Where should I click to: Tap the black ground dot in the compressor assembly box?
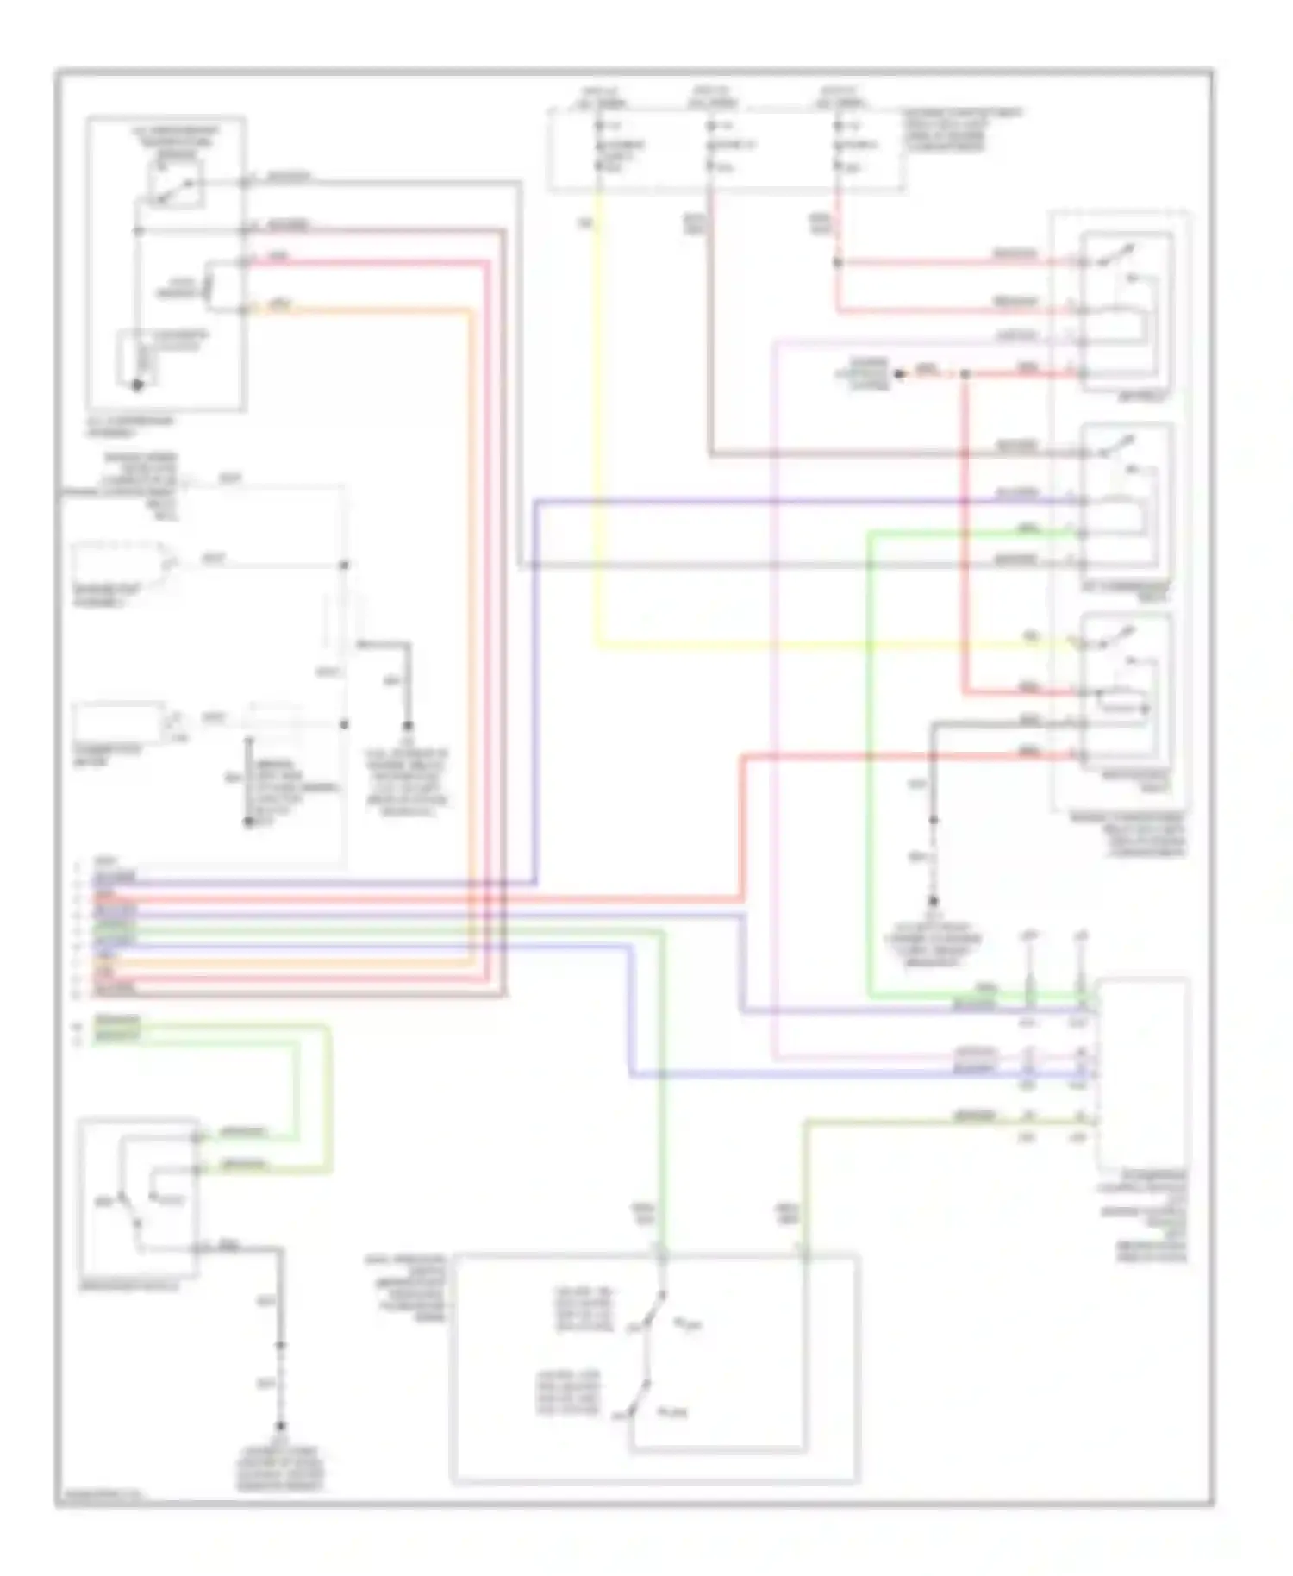pos(137,385)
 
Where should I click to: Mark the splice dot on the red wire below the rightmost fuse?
pos(837,261)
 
